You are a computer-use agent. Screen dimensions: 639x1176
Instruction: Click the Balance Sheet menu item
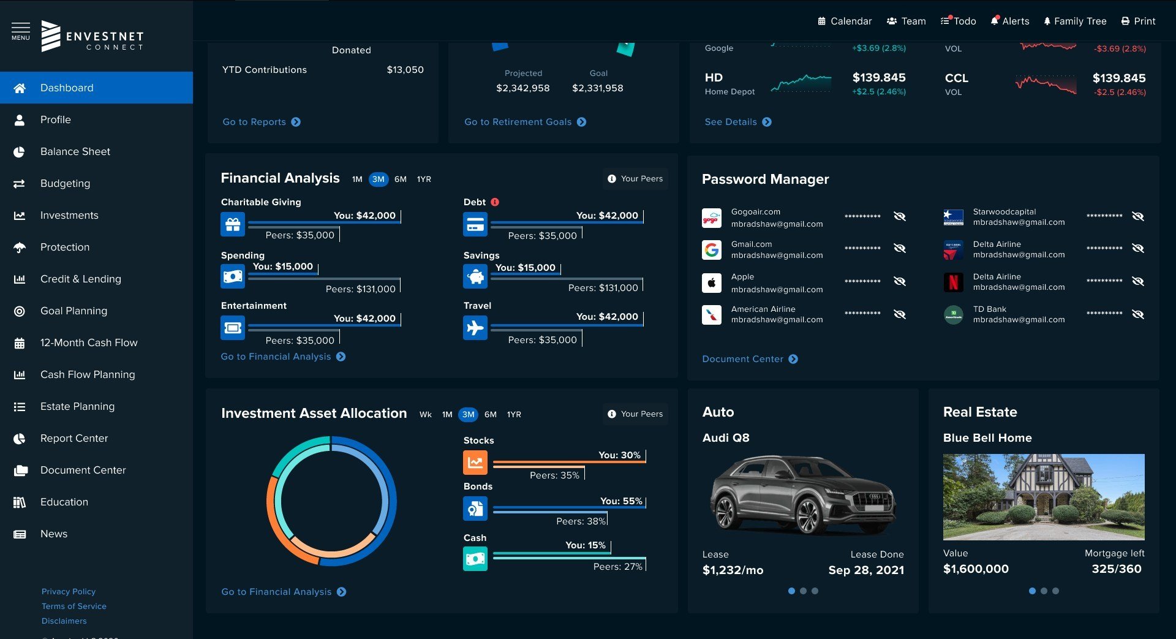(75, 151)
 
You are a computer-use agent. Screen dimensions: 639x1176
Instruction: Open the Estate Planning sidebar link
(77, 406)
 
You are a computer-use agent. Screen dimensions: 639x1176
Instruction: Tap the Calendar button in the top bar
(845, 21)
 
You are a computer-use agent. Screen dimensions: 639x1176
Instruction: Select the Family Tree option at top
(1075, 21)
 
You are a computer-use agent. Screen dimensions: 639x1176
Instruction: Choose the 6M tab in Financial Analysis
(401, 179)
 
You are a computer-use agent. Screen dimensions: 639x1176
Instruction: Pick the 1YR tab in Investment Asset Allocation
(514, 414)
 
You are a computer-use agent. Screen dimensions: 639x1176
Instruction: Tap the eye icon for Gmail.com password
(899, 248)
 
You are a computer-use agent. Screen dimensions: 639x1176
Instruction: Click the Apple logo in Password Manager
(711, 282)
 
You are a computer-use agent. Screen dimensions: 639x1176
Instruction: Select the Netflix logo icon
(953, 282)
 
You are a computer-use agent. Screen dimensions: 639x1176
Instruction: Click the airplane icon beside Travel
(475, 328)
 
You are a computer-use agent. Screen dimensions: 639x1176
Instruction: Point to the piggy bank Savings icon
(475, 277)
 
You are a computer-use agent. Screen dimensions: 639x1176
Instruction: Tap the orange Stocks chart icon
(475, 463)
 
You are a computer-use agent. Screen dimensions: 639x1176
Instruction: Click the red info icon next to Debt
(495, 202)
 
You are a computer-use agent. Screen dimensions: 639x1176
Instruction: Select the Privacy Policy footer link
(69, 591)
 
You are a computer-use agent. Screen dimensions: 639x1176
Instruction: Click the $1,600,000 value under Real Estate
(976, 569)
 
